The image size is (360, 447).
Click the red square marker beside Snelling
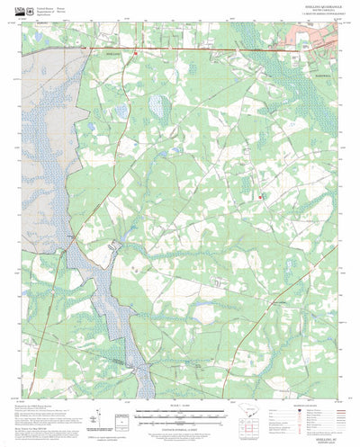(135, 54)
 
